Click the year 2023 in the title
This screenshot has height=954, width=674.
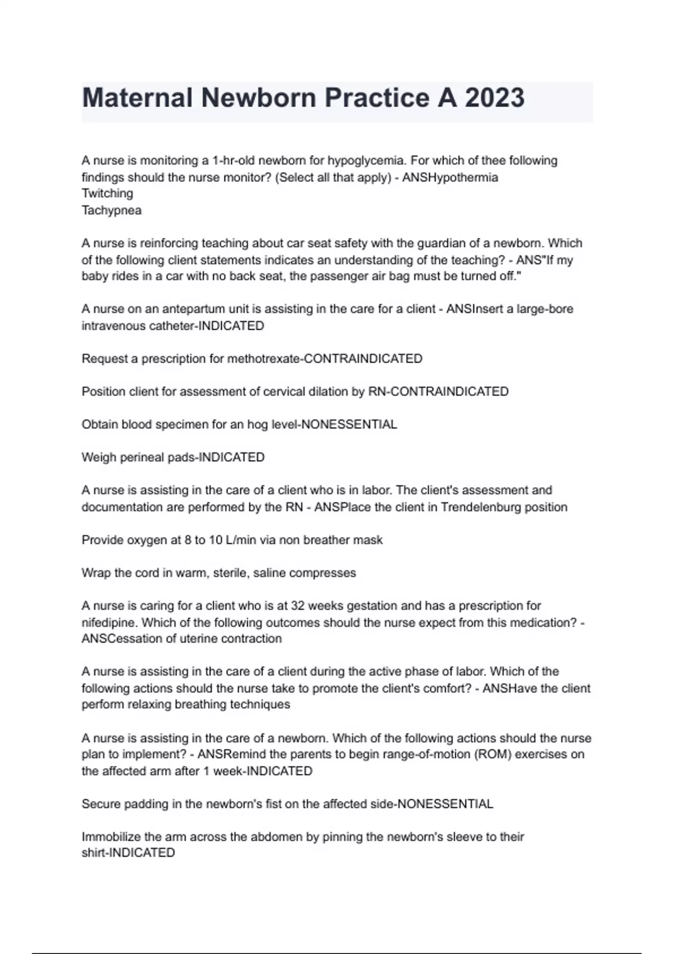click(x=494, y=98)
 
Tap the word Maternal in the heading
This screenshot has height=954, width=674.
click(x=138, y=98)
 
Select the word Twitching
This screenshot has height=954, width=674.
click(x=107, y=194)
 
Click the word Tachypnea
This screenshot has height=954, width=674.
click(x=111, y=210)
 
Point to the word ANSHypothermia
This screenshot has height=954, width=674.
click(x=450, y=177)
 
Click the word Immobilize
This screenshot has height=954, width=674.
click(x=110, y=837)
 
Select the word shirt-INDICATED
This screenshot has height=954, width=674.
click(x=128, y=853)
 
